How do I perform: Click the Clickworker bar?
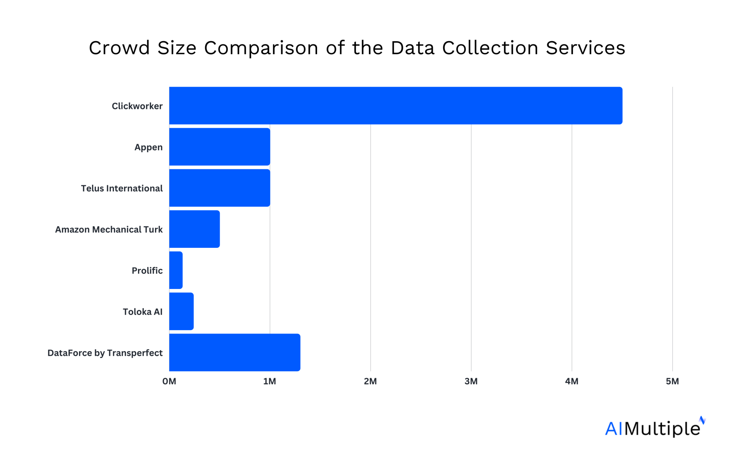(396, 106)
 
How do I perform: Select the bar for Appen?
(219, 147)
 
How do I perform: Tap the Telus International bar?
(219, 188)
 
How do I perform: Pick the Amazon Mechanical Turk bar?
(194, 229)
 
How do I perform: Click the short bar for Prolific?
(176, 270)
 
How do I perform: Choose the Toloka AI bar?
(181, 311)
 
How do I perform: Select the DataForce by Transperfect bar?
(235, 352)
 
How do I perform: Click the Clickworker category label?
(137, 106)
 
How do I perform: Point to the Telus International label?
(121, 188)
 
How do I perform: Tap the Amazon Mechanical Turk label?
(108, 229)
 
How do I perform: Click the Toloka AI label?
(142, 312)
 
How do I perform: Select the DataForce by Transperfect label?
(105, 353)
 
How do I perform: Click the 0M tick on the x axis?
(169, 381)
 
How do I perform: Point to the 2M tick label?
(370, 381)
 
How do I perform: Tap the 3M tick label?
(471, 381)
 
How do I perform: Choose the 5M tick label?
(672, 381)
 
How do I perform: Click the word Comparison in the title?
(261, 48)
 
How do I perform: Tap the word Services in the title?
(585, 48)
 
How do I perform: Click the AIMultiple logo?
(654, 428)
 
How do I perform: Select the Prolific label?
(147, 271)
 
